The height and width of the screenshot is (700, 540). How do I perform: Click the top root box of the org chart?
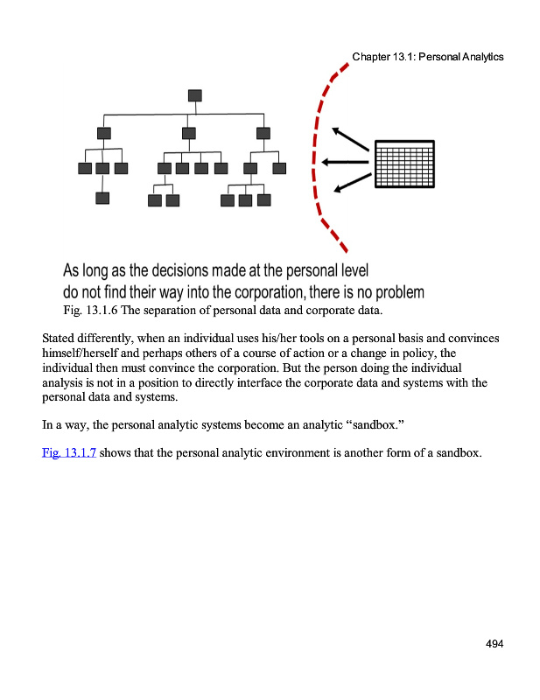coord(194,95)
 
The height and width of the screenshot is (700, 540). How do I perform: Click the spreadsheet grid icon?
coord(404,164)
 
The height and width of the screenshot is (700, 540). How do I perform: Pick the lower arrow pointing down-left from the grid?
coord(351,181)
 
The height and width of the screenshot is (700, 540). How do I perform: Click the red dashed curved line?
coord(315,157)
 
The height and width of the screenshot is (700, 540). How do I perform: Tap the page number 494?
coord(494,644)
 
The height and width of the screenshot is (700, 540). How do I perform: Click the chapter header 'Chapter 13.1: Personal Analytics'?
coord(428,57)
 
